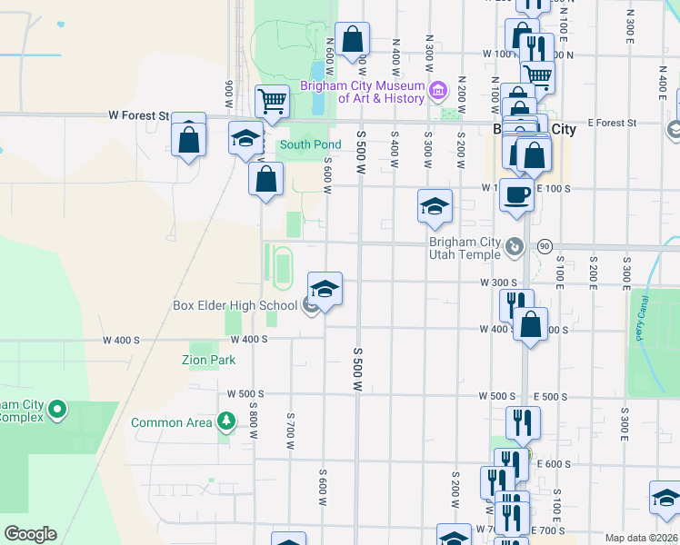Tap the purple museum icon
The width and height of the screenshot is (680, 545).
pyautogui.click(x=438, y=91)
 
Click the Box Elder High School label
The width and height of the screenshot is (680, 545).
pyautogui.click(x=235, y=305)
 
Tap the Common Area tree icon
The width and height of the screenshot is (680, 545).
pyautogui.click(x=225, y=421)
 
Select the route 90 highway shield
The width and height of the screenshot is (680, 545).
pyautogui.click(x=545, y=246)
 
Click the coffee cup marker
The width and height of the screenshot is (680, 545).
pyautogui.click(x=516, y=194)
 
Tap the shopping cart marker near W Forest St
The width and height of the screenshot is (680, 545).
pyautogui.click(x=272, y=102)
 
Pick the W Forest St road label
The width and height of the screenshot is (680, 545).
pyautogui.click(x=139, y=115)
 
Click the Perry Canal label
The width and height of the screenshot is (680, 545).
pyautogui.click(x=643, y=317)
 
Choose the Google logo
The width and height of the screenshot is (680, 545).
pyautogui.click(x=30, y=534)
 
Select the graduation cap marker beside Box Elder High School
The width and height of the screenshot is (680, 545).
pyautogui.click(x=325, y=290)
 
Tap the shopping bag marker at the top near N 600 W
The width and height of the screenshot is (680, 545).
pyautogui.click(x=352, y=40)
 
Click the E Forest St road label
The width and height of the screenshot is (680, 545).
pyautogui.click(x=611, y=123)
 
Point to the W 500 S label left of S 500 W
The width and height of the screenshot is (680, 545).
pyautogui.click(x=245, y=394)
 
